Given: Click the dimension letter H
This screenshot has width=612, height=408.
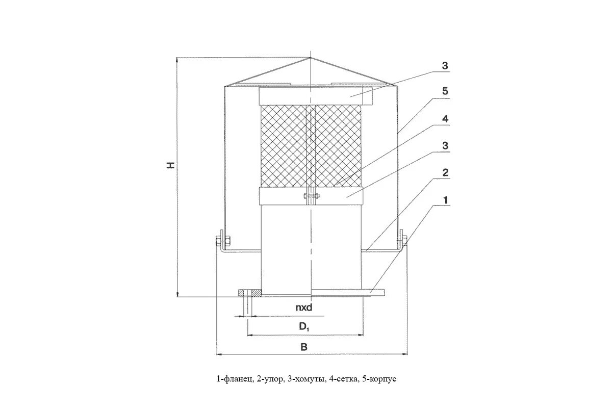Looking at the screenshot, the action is coord(172,165).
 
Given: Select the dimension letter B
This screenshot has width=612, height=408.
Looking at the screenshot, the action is coord(304,347).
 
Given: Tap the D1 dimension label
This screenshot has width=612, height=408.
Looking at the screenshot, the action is coord(304,327).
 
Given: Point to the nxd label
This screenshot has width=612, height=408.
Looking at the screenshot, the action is coord(303,308).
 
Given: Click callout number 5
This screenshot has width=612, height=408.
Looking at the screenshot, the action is coord(445,91).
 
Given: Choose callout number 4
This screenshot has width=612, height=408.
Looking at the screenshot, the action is coord(445,119).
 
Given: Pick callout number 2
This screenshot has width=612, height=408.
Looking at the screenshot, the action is coord(445,172).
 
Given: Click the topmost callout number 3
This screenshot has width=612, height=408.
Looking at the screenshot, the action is coord(445,65).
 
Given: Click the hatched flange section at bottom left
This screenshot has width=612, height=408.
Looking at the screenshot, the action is coord(250,293).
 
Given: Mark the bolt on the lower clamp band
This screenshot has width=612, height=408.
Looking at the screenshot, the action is coord(310,196).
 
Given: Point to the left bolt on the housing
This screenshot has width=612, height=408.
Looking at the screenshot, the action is coord(223,239).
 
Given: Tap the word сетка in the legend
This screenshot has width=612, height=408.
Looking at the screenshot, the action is coord(345,379).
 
